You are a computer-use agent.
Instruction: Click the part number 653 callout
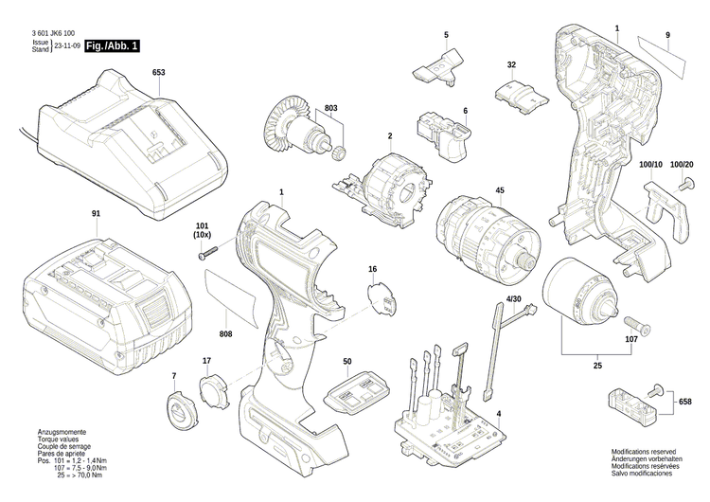point(158,73)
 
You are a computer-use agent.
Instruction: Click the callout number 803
point(332,108)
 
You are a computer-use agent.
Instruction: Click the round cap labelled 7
point(177,412)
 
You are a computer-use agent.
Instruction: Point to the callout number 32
point(511,64)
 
